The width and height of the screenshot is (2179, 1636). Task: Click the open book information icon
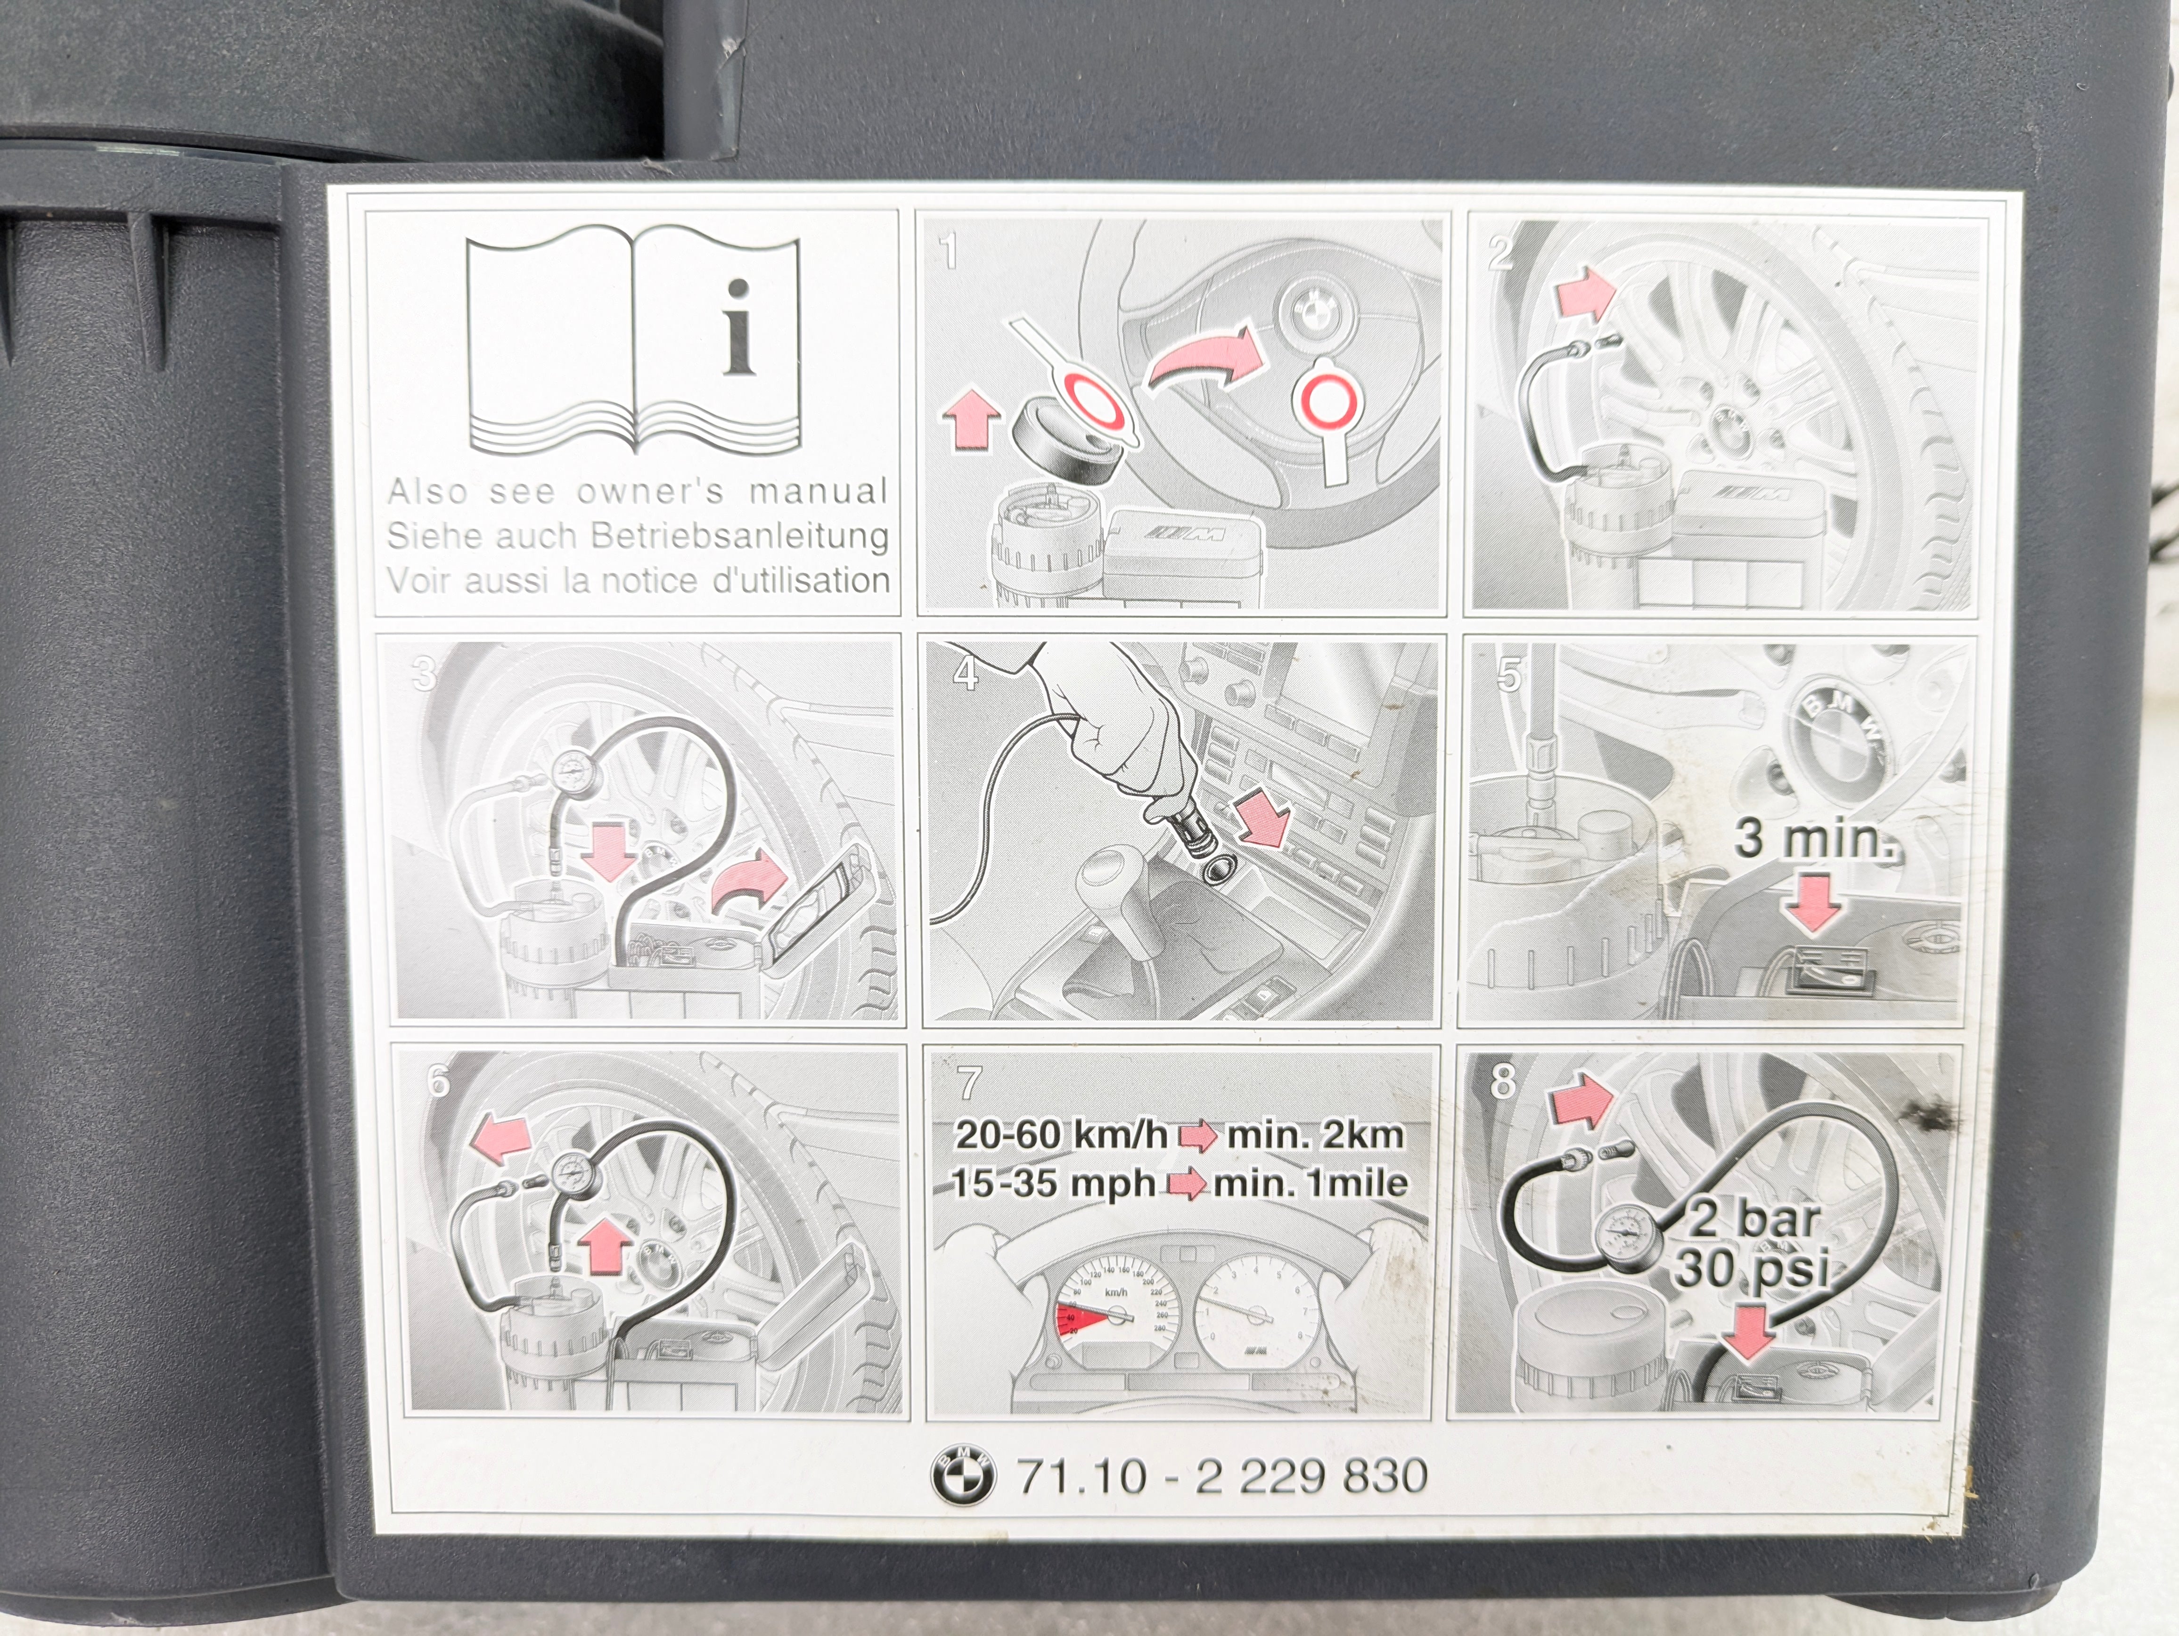632,345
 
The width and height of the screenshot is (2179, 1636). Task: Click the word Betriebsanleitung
740,537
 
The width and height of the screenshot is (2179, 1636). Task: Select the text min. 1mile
1310,1182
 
